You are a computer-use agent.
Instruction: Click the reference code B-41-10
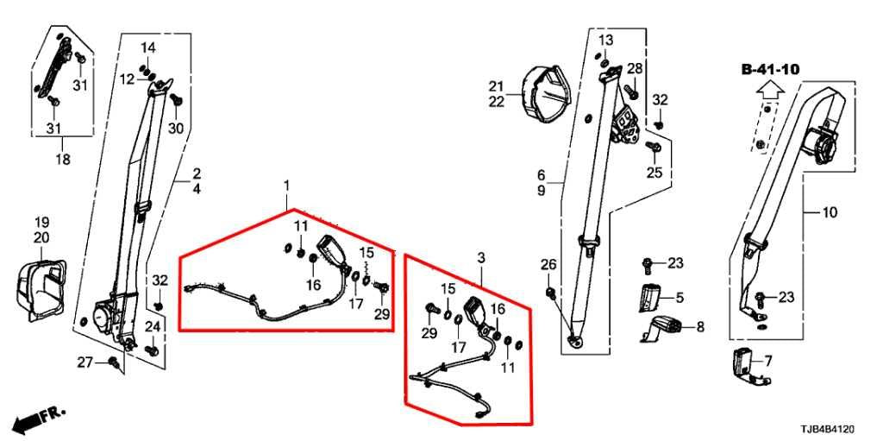click(x=770, y=69)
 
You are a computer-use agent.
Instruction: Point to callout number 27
click(x=85, y=362)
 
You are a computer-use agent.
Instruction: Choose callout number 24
click(x=153, y=326)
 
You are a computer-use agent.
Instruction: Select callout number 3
click(x=480, y=258)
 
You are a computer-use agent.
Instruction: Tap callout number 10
click(x=830, y=212)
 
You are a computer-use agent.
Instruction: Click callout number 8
click(x=700, y=326)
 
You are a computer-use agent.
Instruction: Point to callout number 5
click(x=679, y=297)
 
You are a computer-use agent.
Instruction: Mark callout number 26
click(x=548, y=264)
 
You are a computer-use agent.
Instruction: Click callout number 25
click(x=654, y=173)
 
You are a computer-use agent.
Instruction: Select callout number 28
click(x=635, y=69)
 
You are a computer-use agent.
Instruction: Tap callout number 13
click(x=605, y=40)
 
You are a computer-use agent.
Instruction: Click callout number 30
click(x=176, y=129)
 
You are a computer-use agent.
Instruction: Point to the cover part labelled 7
click(x=750, y=367)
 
